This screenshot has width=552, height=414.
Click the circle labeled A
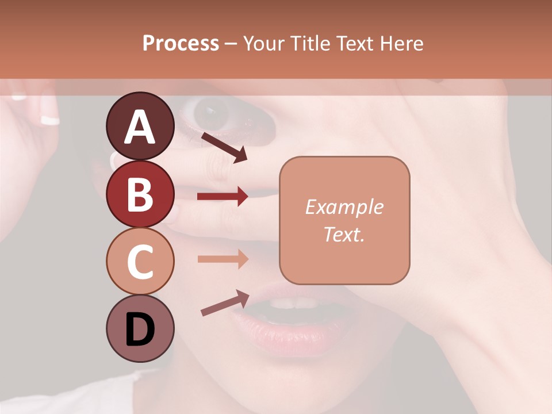[x=140, y=126]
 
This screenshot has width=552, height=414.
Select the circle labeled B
[x=140, y=194]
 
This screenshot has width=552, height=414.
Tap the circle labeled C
[x=140, y=261]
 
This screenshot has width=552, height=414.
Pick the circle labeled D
[x=140, y=328]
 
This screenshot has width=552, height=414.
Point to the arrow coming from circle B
[x=223, y=197]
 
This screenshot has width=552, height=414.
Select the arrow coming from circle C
[x=223, y=259]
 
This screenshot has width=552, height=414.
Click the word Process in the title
[x=181, y=44]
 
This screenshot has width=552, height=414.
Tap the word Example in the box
[x=344, y=207]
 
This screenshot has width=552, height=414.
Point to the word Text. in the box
[x=344, y=234]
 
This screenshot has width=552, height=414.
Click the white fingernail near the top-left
[x=50, y=120]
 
